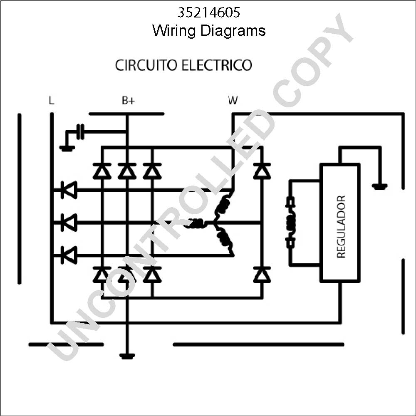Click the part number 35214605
208,12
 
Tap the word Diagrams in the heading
233,31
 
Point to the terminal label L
52,100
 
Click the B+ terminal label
129,100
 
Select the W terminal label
233,100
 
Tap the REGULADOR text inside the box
341,227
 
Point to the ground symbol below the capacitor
67,149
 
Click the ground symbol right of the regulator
380,187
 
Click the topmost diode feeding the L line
69,190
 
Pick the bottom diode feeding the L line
69,255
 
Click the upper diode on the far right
262,170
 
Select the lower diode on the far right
262,274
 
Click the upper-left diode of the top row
102,170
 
